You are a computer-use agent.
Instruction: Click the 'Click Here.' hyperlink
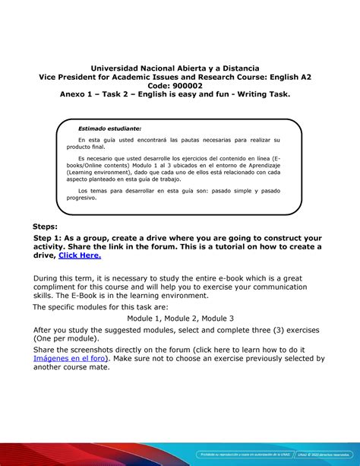(x=81, y=256)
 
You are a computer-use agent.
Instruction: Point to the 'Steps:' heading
(x=50, y=227)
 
